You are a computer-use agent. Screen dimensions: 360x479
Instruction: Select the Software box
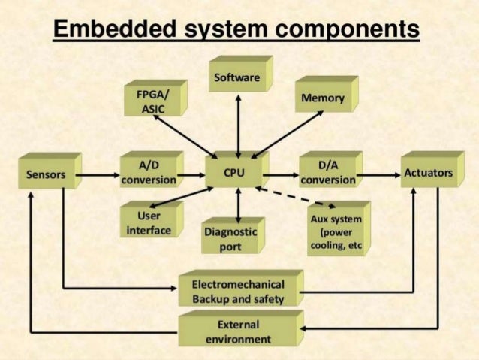(236, 78)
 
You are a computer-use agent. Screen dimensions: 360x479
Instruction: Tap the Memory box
(323, 98)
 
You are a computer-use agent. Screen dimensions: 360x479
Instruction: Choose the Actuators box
(428, 174)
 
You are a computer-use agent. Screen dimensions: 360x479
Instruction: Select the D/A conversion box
(327, 173)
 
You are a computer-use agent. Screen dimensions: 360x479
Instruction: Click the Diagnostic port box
(230, 240)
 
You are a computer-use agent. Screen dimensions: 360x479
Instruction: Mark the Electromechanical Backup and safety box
(238, 292)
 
